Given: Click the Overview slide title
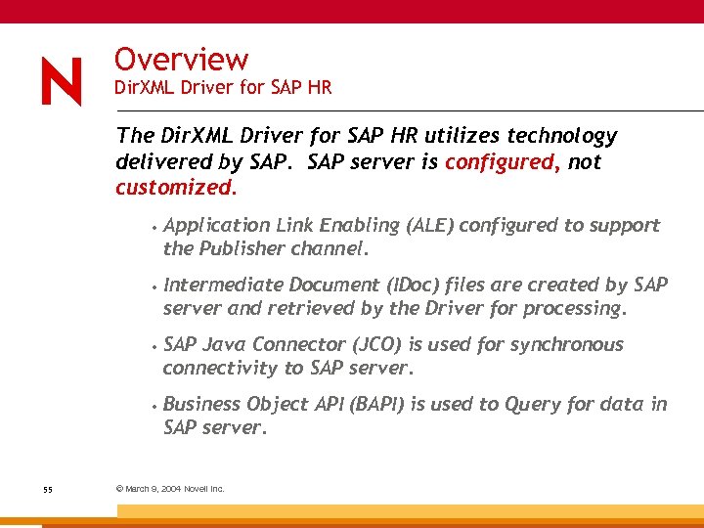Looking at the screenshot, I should click(x=181, y=60).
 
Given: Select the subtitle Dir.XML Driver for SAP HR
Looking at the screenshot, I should click(x=223, y=88).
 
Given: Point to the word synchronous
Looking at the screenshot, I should click(x=562, y=345).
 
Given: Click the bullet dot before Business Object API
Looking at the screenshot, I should click(x=156, y=405).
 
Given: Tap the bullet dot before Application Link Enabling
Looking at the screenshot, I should click(x=156, y=226).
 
